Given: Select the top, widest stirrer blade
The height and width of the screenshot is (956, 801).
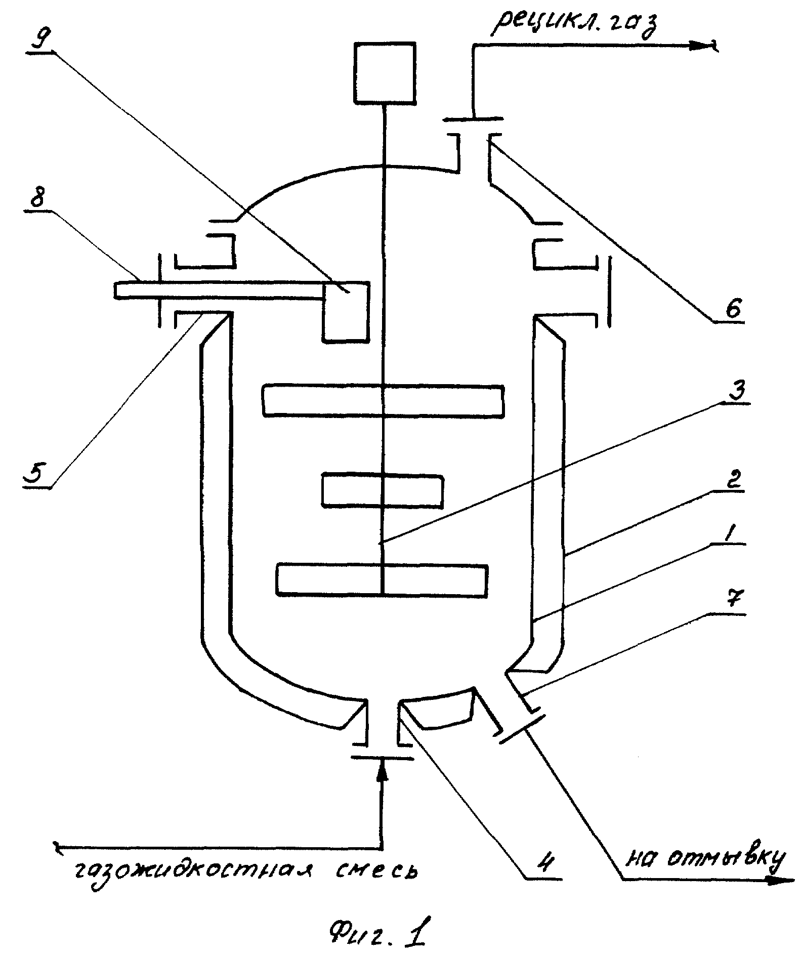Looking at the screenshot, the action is point(383,401).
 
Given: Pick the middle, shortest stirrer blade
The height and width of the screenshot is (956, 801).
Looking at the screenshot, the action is point(383,489).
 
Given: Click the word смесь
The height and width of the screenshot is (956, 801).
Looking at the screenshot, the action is point(378,871).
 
